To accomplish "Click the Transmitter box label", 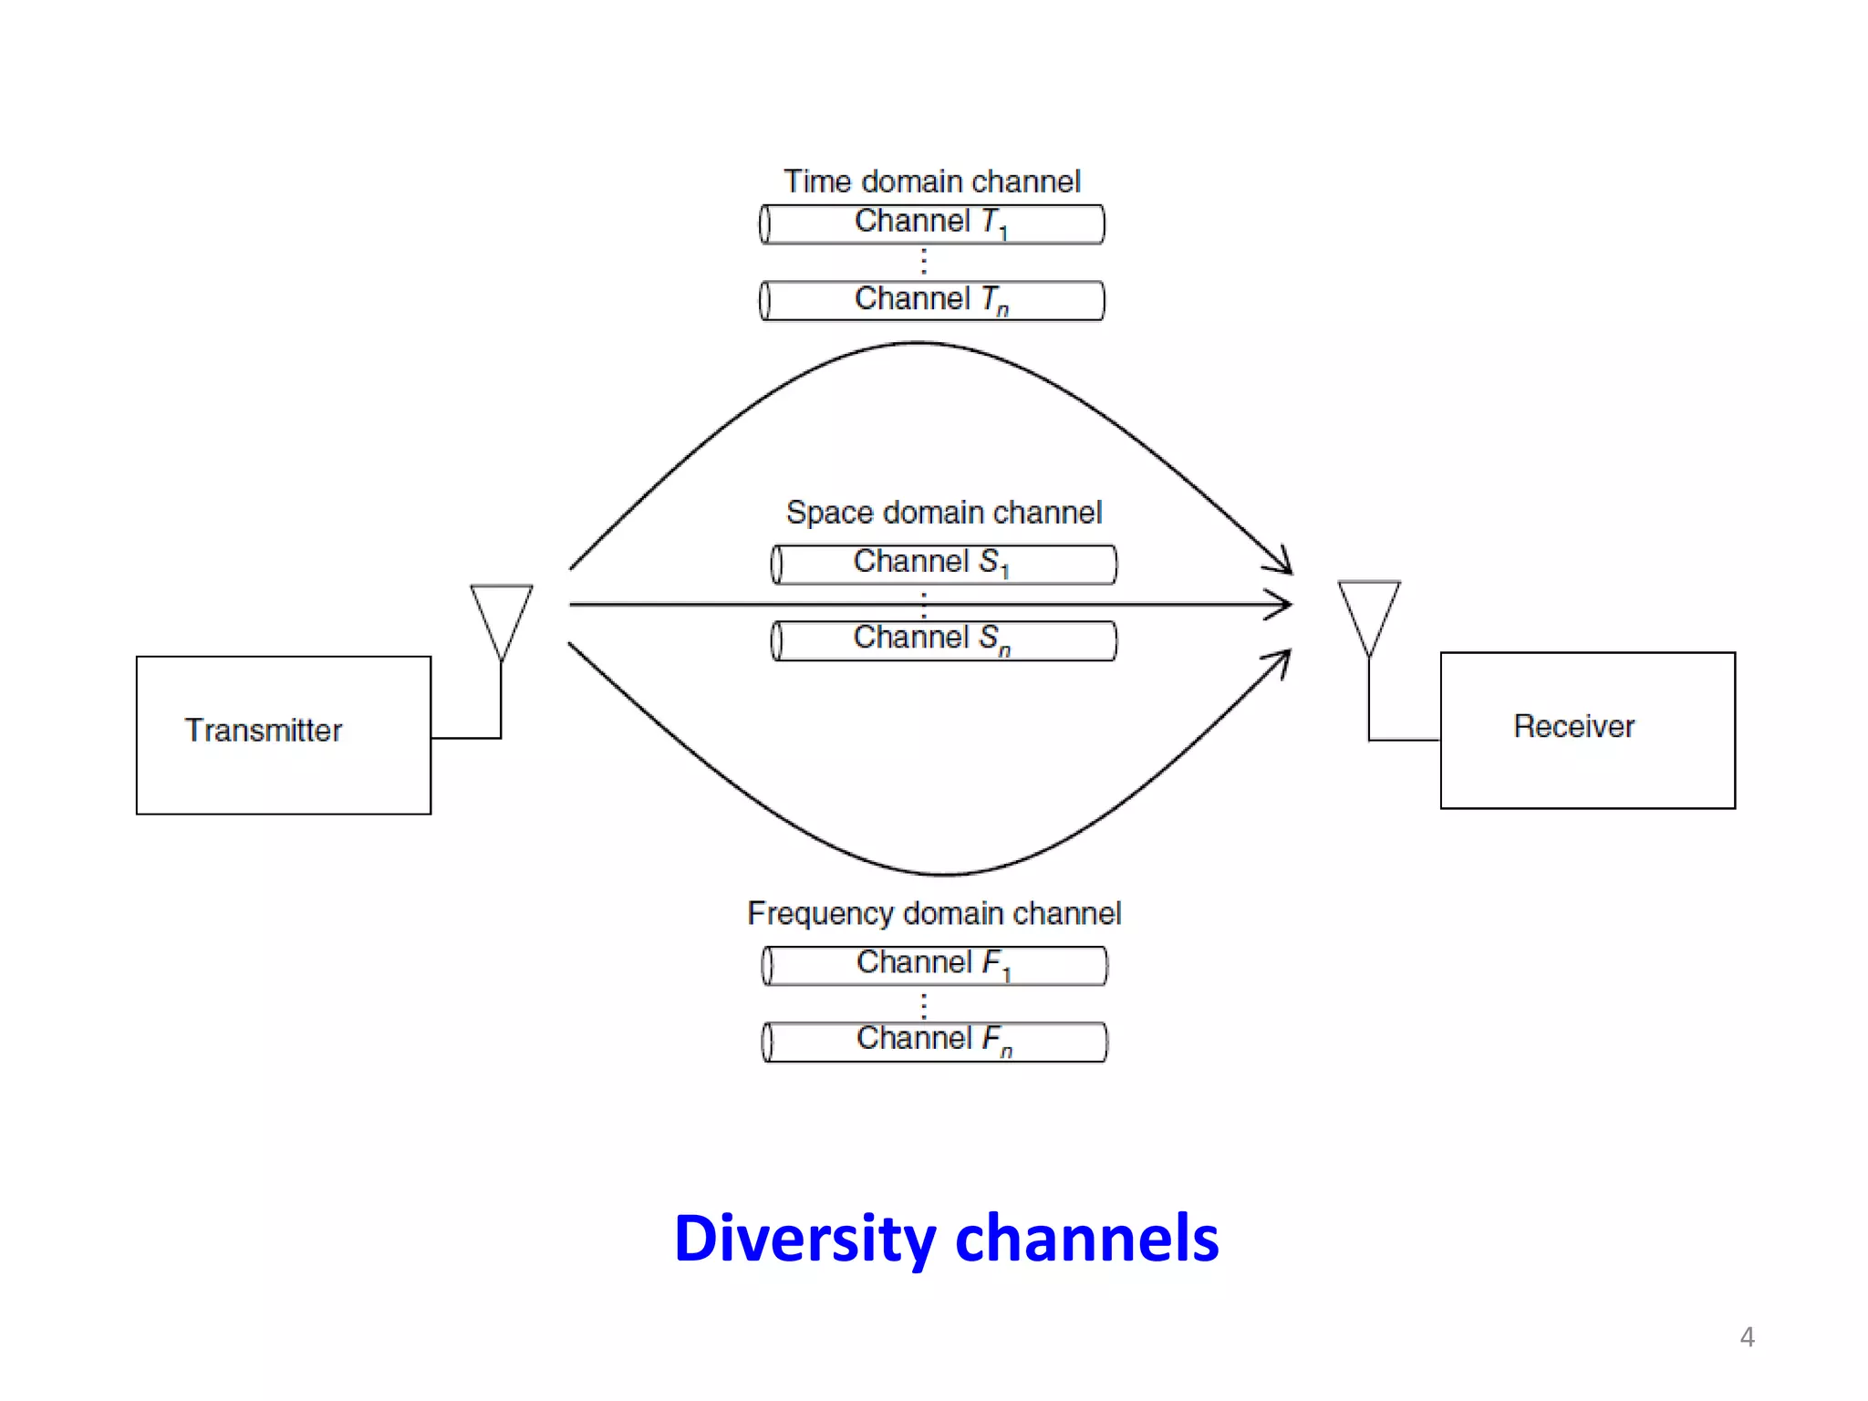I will [x=263, y=731].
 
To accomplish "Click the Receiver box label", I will [x=1573, y=727].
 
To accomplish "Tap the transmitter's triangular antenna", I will [x=501, y=616].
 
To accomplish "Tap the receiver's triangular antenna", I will [x=1368, y=612].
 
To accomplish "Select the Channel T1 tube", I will [x=931, y=223].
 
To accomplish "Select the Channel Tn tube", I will [x=931, y=300].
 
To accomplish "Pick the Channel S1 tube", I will [x=943, y=564].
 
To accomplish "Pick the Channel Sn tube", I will [x=943, y=640].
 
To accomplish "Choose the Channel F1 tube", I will [x=934, y=965].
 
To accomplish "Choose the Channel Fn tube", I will [x=934, y=1042].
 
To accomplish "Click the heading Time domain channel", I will [x=931, y=182].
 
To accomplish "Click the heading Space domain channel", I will [x=943, y=513].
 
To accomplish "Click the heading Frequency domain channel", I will [x=933, y=913].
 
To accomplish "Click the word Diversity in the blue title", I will [x=804, y=1240].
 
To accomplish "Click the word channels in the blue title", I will [x=1086, y=1240].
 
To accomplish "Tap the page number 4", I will [x=1747, y=1337].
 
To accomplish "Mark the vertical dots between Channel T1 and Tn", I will [x=924, y=262].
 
